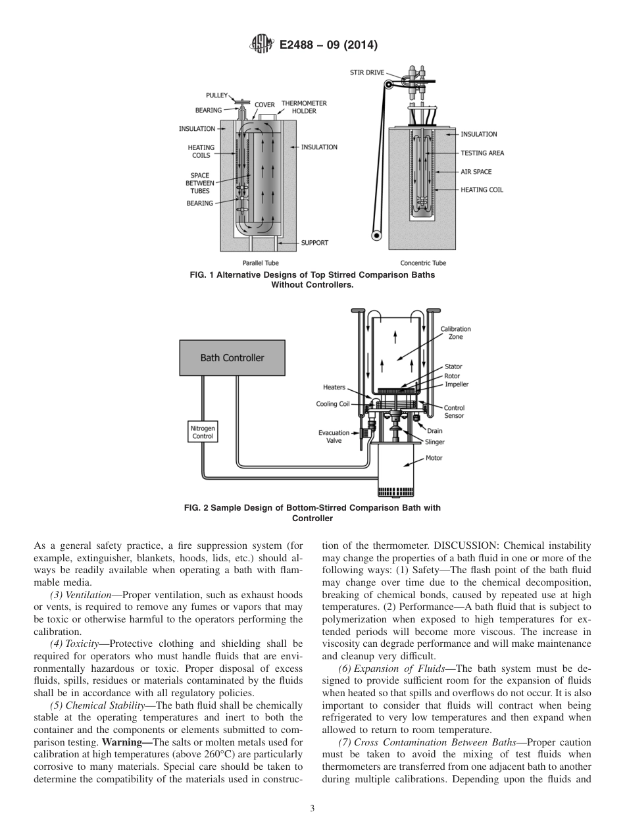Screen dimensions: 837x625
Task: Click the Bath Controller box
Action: pos(232,358)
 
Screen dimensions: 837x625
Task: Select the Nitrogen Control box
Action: pos(203,432)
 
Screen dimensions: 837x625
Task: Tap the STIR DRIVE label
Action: pos(366,72)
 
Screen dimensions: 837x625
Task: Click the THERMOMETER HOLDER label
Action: pos(304,107)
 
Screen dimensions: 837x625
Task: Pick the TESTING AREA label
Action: pos(482,153)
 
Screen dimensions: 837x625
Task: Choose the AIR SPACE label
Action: pos(476,172)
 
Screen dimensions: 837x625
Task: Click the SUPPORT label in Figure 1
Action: pos(314,243)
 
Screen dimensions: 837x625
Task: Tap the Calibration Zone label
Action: pos(455,333)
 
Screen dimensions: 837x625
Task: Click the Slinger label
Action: pos(435,442)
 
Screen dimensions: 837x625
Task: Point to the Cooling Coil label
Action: pos(332,404)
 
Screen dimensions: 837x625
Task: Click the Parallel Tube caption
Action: pos(261,263)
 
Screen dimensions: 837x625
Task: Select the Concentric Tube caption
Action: pos(423,263)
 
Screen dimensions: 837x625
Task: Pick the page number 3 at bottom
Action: pos(312,808)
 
